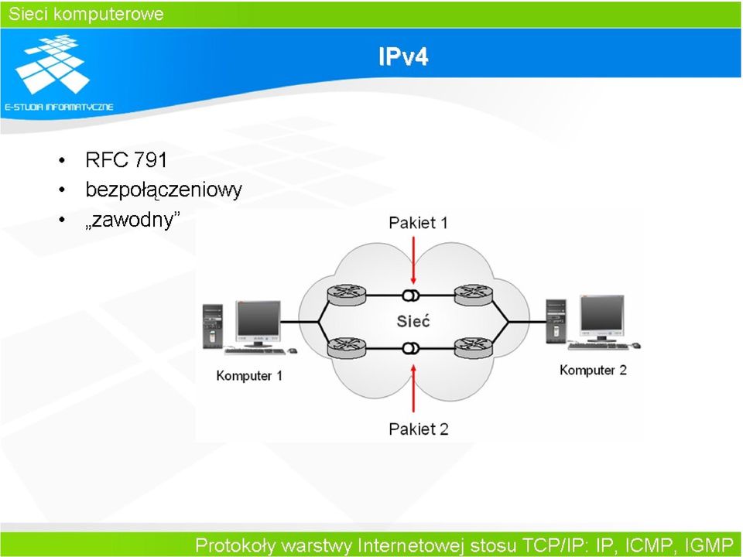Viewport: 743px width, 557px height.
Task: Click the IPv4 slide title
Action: coord(403,56)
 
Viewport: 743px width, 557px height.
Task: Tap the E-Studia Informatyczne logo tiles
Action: coord(52,64)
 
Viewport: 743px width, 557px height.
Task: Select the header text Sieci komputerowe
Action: coord(86,14)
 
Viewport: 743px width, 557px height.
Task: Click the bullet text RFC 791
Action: coord(126,159)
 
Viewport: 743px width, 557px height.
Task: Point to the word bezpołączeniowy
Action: coord(163,190)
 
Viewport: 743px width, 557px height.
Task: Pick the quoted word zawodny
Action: coord(133,220)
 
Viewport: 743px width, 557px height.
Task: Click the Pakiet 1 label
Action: coord(418,223)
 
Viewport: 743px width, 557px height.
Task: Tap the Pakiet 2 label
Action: coord(419,429)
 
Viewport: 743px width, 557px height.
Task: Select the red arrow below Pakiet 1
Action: coord(413,260)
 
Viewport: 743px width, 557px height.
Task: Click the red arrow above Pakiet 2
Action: coord(413,388)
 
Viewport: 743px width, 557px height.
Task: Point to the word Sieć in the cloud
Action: coord(413,321)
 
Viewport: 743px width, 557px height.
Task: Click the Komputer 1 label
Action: coord(249,376)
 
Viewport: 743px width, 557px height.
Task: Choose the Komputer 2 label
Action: coord(594,370)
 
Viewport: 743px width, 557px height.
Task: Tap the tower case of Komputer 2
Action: coord(556,320)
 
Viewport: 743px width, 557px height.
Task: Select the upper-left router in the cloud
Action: coord(347,295)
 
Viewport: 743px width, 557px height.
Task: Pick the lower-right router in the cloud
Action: coord(474,348)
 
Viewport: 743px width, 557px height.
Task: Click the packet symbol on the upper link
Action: coord(410,296)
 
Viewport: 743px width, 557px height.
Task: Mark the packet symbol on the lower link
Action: coord(410,349)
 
